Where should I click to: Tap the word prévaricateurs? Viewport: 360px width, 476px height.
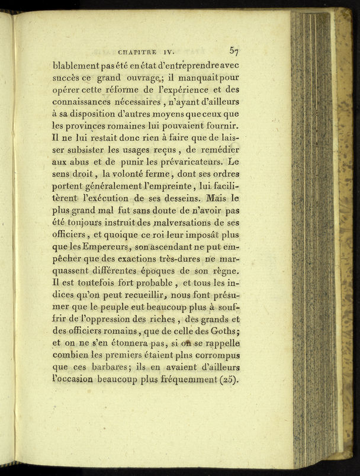point(182,162)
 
